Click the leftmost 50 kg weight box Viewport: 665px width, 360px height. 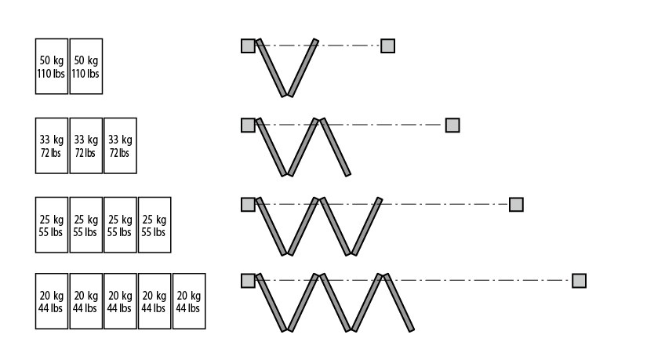pos(52,66)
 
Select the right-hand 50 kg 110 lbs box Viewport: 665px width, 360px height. pos(85,66)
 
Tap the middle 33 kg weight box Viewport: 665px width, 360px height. pos(85,145)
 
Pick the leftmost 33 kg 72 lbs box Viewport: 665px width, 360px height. pos(52,145)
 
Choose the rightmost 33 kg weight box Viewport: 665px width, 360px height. pos(120,145)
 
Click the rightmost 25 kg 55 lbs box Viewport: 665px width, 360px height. pos(154,225)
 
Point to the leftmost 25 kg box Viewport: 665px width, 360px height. pos(52,225)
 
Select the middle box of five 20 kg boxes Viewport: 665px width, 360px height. pos(120,301)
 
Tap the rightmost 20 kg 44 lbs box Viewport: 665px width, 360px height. pos(188,301)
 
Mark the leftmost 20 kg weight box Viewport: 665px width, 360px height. pos(52,301)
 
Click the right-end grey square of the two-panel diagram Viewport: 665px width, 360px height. pos(387,45)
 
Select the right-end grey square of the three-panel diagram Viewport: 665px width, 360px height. pos(452,125)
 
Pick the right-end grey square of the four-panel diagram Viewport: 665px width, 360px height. pos(516,205)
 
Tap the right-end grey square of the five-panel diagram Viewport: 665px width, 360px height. pos(579,281)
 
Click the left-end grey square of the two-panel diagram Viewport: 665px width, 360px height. pos(248,45)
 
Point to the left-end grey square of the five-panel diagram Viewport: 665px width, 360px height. pos(248,281)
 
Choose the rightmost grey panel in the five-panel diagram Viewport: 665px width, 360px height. pos(398,302)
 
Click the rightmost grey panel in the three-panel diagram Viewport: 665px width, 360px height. pos(336,147)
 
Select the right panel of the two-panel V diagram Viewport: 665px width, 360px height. pos(303,67)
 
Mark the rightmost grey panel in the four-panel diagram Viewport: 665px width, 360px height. pos(366,226)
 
